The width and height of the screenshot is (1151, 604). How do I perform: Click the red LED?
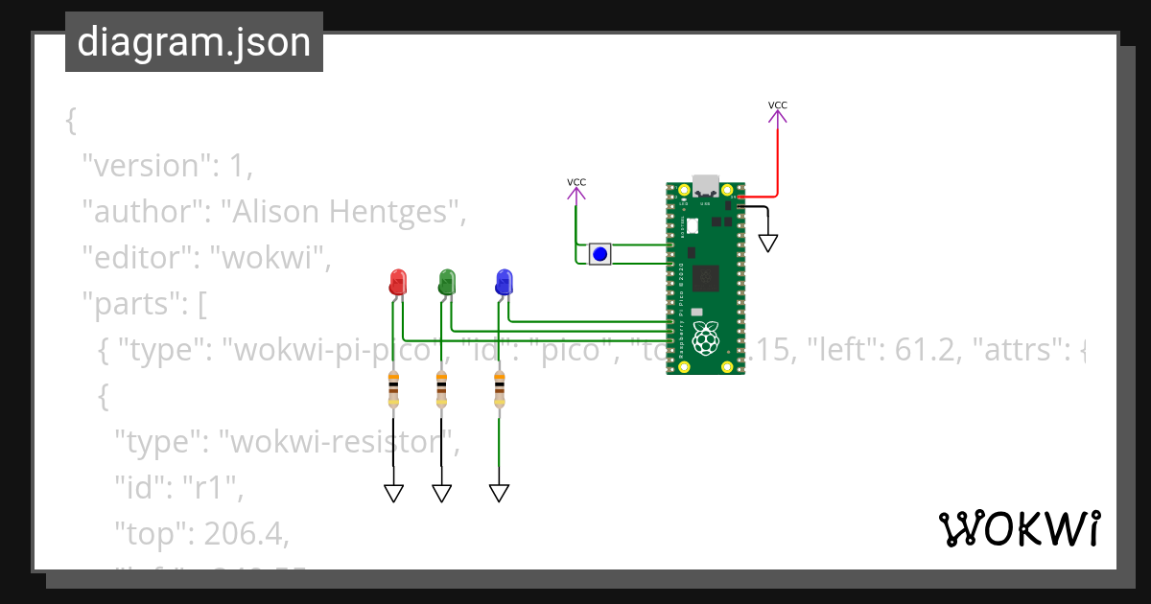pyautogui.click(x=397, y=282)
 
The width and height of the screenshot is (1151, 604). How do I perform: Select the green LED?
pyautogui.click(x=446, y=282)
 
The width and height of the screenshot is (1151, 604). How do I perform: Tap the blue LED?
pyautogui.click(x=504, y=282)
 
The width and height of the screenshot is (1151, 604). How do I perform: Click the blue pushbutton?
pyautogui.click(x=599, y=254)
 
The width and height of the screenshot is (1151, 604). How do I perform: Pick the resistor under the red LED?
pyautogui.click(x=393, y=387)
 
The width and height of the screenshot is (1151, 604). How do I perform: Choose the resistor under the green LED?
pyautogui.click(x=441, y=387)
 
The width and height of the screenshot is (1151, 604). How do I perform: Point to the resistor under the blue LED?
pyautogui.click(x=499, y=387)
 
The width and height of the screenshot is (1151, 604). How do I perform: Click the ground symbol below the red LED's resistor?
pyautogui.click(x=393, y=493)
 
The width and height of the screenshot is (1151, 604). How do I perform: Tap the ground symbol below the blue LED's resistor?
pyautogui.click(x=499, y=493)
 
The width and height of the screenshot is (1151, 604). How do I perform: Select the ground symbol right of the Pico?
pyautogui.click(x=767, y=243)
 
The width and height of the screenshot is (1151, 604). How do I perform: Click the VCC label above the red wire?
pyautogui.click(x=778, y=105)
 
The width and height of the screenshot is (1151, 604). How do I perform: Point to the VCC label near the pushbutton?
pyautogui.click(x=576, y=182)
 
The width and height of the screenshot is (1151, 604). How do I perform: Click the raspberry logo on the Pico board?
pyautogui.click(x=706, y=337)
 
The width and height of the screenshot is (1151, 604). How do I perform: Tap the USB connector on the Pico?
pyautogui.click(x=706, y=184)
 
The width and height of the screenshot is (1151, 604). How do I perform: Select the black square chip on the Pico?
pyautogui.click(x=706, y=277)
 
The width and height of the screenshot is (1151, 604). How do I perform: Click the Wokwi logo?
pyautogui.click(x=1019, y=529)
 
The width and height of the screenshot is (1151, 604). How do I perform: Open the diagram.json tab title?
pyautogui.click(x=194, y=42)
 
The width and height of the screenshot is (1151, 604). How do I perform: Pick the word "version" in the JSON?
pyautogui.click(x=146, y=165)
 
